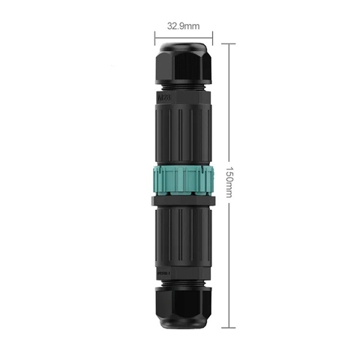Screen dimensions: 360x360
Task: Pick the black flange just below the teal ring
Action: (184, 202)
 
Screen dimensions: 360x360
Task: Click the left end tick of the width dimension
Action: (155, 35)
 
